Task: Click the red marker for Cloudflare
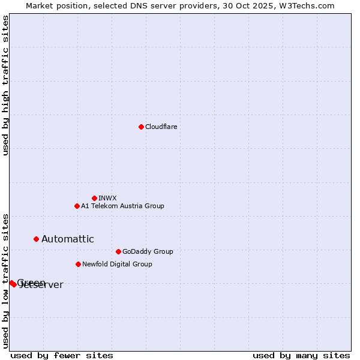pos(141,127)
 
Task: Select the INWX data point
pos(94,198)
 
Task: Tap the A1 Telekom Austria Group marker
pos(77,206)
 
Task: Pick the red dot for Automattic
pos(36,239)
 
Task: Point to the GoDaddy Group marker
pos(118,251)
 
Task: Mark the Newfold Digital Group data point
pos(78,264)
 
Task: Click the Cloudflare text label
pos(161,127)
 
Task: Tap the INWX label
pos(107,198)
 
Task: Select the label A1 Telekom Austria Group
pos(122,206)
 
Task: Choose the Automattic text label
pos(67,239)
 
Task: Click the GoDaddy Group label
pos(147,251)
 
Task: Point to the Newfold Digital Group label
pos(117,264)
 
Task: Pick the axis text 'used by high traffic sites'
pos(5,85)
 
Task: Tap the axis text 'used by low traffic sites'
pos(5,280)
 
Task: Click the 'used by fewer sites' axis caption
pos(62,355)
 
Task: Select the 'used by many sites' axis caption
pos(301,355)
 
